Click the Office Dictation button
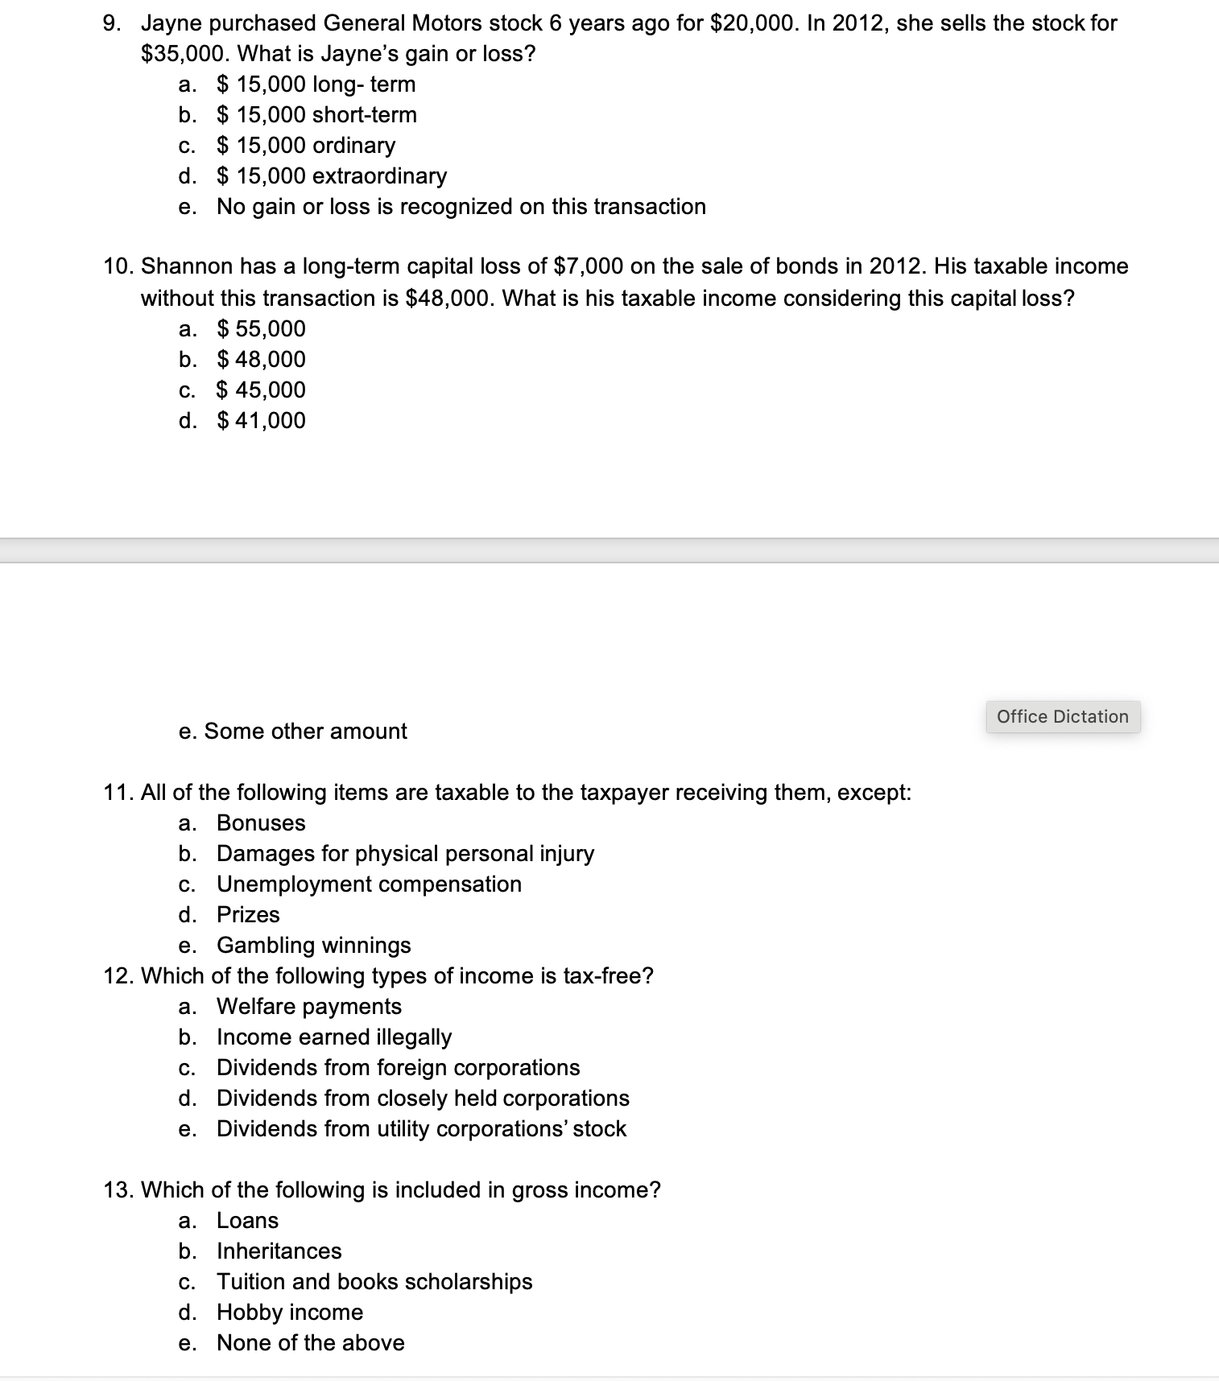[x=1062, y=716]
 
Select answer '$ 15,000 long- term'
[x=316, y=85]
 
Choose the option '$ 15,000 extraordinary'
[x=332, y=176]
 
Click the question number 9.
[x=112, y=23]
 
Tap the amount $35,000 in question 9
[x=187, y=54]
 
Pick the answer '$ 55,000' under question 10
[x=262, y=329]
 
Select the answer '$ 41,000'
[x=262, y=421]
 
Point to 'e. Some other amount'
[x=293, y=732]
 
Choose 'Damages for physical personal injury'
[x=405, y=854]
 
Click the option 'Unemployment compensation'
[x=369, y=884]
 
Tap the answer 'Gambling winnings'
[x=313, y=946]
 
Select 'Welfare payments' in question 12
[x=308, y=1007]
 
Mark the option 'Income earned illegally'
[x=333, y=1037]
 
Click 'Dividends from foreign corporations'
[x=398, y=1068]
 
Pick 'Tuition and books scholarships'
[x=374, y=1282]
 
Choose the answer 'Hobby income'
[x=290, y=1313]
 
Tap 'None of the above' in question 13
[x=310, y=1343]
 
